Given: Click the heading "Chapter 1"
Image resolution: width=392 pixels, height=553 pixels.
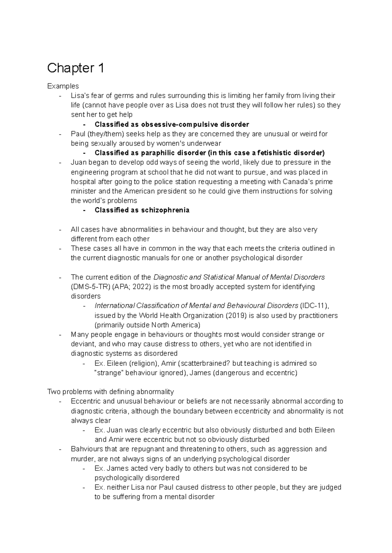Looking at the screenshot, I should [x=75, y=69].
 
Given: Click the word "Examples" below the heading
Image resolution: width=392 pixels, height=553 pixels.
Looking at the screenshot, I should [x=63, y=86].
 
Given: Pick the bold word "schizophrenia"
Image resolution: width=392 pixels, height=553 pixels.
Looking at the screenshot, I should [x=165, y=210].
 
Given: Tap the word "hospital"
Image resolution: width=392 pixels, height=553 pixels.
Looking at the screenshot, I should [x=83, y=182].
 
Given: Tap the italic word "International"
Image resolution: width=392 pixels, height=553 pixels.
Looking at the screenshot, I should [x=114, y=306].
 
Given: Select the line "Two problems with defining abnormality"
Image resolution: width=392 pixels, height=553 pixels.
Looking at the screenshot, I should [x=110, y=392].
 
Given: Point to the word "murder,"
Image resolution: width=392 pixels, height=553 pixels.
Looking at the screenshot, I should [x=82, y=459].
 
